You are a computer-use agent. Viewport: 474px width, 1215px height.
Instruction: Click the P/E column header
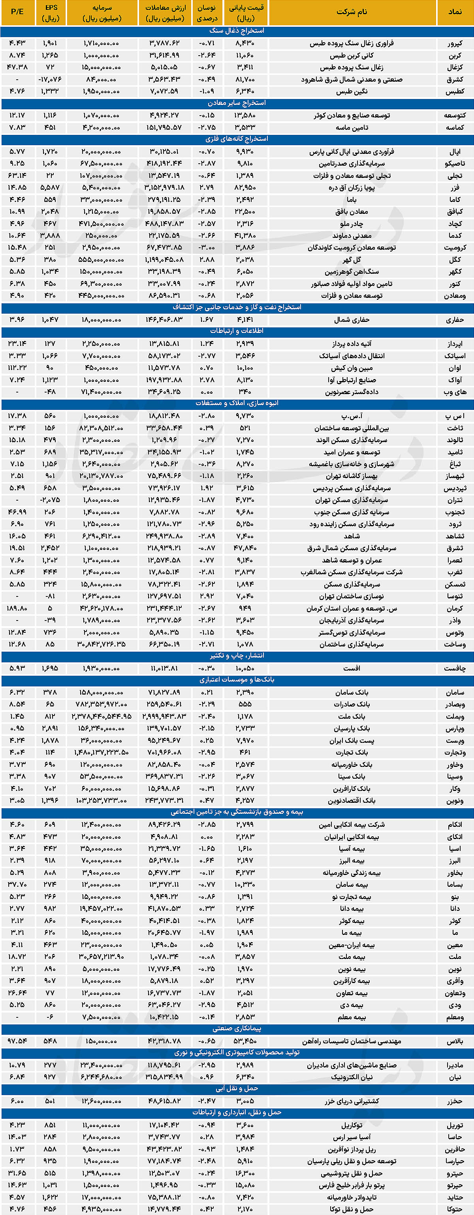(x=17, y=12)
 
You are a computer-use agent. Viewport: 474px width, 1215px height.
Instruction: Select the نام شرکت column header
(x=352, y=12)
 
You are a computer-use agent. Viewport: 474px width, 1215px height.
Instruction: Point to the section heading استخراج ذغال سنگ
(x=237, y=31)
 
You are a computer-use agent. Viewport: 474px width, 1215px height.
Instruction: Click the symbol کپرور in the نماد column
(x=455, y=43)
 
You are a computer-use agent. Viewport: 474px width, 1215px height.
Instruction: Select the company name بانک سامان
(x=352, y=692)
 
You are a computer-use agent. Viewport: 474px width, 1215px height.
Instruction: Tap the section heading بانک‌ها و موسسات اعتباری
(x=237, y=680)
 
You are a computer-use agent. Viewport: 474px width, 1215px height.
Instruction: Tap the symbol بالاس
(x=455, y=1041)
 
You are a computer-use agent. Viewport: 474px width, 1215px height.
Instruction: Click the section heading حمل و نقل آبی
(x=237, y=1089)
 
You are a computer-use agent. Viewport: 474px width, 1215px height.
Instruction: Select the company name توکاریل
(x=352, y=1125)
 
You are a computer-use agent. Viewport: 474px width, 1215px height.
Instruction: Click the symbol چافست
(x=455, y=668)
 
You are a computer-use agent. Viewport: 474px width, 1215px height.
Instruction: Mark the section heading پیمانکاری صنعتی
(x=237, y=1029)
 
